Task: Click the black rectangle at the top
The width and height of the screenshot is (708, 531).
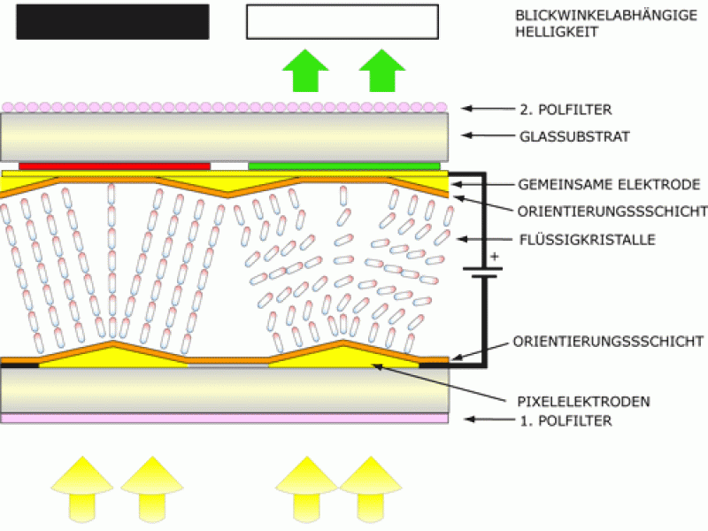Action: [x=112, y=22]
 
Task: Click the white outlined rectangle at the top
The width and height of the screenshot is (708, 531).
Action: [x=342, y=21]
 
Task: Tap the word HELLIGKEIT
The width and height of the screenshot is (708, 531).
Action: [x=557, y=32]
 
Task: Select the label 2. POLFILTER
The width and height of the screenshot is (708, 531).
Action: [x=566, y=110]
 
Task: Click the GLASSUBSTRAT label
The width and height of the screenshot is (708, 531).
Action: [x=574, y=136]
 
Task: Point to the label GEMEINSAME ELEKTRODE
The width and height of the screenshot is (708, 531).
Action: [x=609, y=184]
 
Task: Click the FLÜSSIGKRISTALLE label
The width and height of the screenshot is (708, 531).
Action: [x=587, y=239]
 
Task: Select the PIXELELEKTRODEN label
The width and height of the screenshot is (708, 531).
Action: [x=583, y=402]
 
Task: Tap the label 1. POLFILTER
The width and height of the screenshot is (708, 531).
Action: [x=566, y=421]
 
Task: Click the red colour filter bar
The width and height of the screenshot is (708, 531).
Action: [x=115, y=166]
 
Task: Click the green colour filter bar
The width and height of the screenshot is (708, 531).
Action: [x=344, y=166]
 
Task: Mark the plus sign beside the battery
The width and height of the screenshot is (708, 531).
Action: [x=495, y=257]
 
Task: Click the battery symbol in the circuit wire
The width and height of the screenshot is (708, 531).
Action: [x=482, y=272]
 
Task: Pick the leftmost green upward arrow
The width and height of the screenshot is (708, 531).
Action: [x=305, y=71]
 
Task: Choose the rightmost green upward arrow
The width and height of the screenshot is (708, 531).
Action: [x=382, y=71]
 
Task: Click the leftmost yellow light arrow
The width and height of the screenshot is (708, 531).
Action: [x=82, y=489]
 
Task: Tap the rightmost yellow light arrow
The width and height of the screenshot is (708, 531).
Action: [x=371, y=489]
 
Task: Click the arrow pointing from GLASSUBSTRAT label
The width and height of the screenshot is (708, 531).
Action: [x=489, y=135]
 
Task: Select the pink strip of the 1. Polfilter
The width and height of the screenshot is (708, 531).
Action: [x=225, y=418]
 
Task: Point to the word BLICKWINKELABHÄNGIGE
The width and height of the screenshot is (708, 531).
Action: [x=606, y=15]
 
